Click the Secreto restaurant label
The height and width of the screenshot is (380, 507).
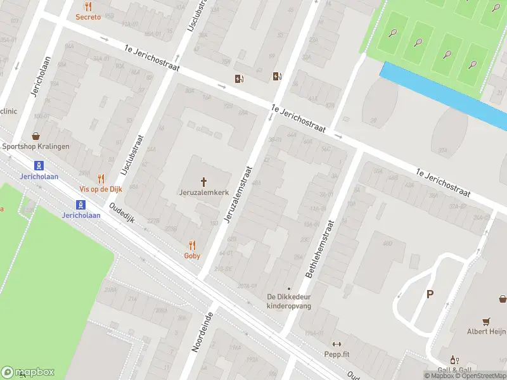88,17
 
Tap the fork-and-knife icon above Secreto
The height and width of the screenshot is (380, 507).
88,7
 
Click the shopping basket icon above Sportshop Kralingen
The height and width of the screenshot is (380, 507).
36,136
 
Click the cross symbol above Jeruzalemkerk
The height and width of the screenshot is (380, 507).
204,181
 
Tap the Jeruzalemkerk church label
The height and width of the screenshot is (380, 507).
204,191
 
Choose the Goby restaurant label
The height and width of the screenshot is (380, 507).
192,256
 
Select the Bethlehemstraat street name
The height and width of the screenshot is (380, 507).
319,248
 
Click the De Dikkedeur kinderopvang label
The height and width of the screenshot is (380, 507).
289,301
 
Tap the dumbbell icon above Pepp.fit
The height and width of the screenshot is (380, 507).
336,344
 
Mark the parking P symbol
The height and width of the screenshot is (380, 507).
430,294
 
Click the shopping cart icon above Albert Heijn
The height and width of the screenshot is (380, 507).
486,320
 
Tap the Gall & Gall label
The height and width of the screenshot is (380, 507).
454,370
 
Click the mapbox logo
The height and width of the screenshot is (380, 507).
28,372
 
